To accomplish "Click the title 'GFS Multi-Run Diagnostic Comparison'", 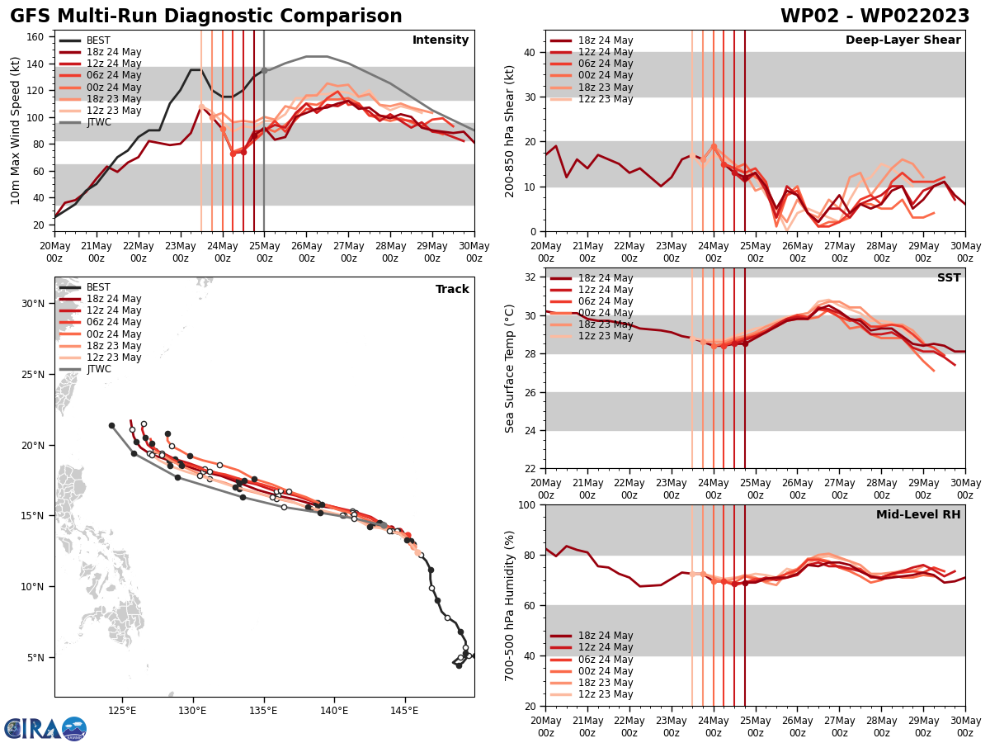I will (x=206, y=17).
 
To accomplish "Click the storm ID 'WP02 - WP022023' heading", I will (x=874, y=17).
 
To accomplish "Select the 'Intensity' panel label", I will (x=441, y=40).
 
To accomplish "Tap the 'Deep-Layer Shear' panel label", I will (x=903, y=40).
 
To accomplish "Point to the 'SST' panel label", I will (x=949, y=278).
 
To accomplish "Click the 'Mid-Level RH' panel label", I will (x=918, y=515).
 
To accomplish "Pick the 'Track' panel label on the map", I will (x=452, y=290).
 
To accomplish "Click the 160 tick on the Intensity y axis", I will (x=37, y=37).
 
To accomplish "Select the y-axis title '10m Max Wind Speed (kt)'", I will (x=15, y=130).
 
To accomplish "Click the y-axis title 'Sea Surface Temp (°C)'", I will (x=511, y=368).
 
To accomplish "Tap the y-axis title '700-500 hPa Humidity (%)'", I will (x=511, y=605).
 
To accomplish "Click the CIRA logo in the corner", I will (x=45, y=728).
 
